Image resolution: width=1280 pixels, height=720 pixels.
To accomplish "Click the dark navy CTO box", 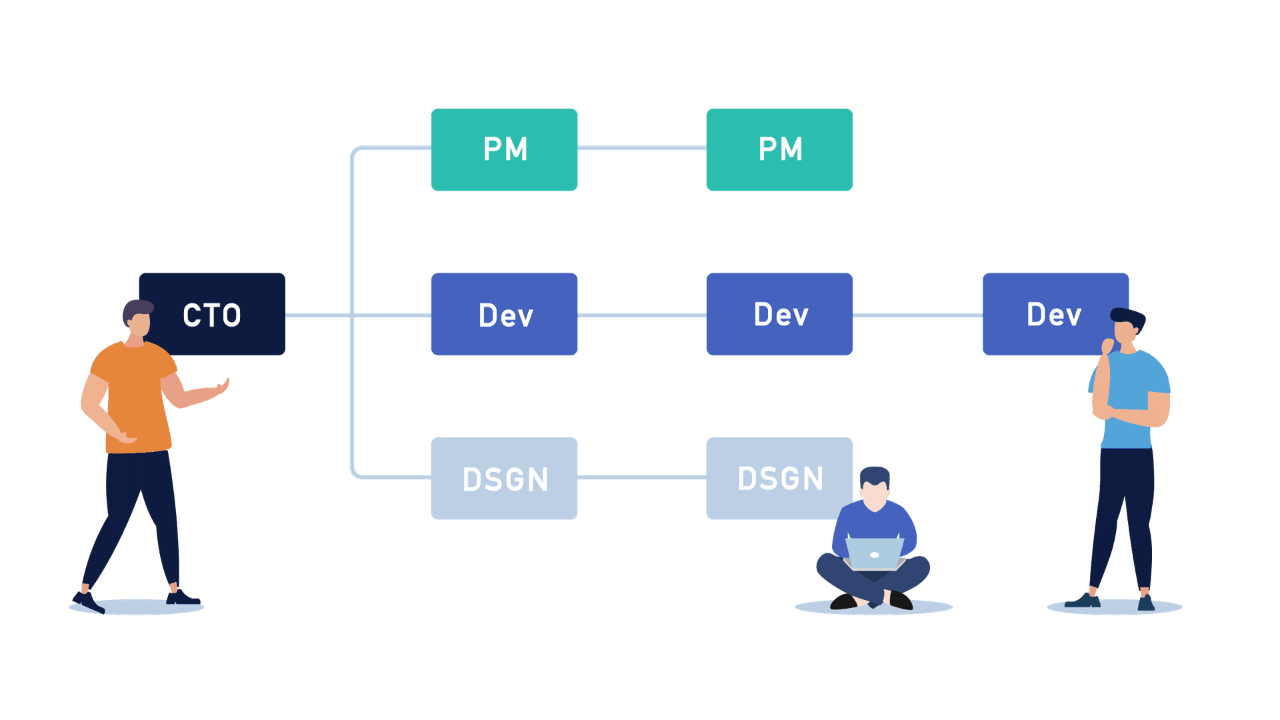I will tap(220, 313).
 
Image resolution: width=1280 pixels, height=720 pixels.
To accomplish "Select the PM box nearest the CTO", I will tap(505, 150).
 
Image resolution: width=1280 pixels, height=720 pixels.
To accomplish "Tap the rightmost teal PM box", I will tap(779, 150).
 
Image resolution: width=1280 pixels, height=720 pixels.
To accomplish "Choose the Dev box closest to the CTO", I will tap(505, 314).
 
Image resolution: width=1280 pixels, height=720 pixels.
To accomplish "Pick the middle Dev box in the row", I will tap(779, 314).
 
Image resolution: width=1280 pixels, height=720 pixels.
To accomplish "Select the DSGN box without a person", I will tap(505, 478).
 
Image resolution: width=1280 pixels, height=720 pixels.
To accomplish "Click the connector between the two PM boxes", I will tap(642, 148).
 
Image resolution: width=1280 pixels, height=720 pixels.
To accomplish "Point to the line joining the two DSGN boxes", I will tap(642, 477).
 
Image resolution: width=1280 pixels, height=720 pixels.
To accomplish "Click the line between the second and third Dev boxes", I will tap(917, 315).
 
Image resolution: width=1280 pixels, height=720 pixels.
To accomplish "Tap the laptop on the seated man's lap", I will tap(874, 553).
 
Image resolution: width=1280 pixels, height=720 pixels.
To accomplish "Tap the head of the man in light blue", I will tap(1127, 327).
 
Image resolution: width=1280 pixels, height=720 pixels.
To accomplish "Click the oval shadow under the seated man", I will tap(873, 607).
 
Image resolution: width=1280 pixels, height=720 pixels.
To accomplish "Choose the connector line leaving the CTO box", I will tap(317, 315).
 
